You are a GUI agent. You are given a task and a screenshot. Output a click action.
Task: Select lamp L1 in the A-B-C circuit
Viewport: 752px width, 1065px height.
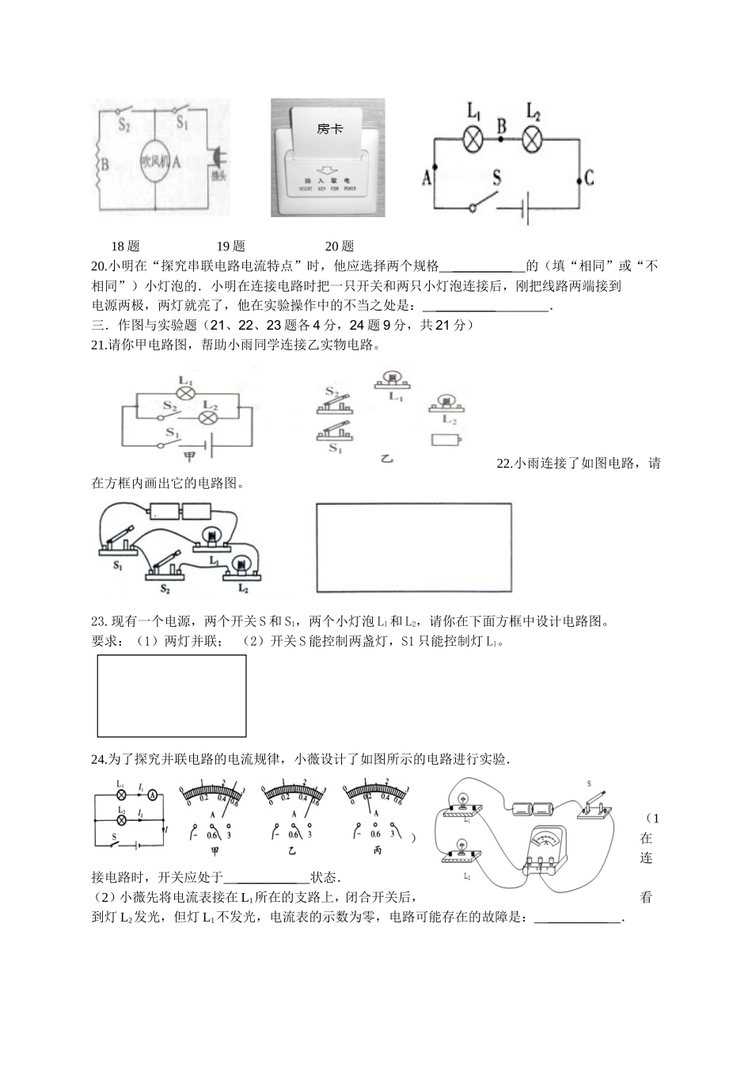[473, 139]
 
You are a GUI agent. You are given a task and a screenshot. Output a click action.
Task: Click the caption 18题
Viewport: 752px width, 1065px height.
[126, 246]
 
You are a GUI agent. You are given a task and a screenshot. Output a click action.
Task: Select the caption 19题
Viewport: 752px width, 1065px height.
[231, 246]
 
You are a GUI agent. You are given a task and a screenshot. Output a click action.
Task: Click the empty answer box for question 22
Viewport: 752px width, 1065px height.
[413, 547]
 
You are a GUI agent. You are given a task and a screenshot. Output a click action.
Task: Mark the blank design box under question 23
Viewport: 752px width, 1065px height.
[171, 696]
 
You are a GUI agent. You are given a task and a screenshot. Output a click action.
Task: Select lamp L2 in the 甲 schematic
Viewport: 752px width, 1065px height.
[208, 417]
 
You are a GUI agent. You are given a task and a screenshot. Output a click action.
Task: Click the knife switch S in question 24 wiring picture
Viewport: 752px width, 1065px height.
[596, 806]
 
